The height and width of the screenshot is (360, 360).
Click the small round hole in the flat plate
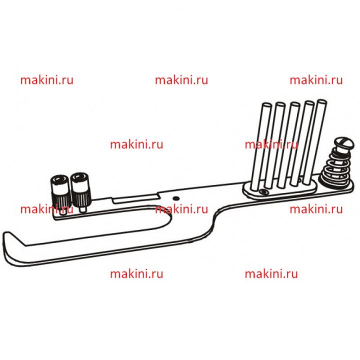point(176,198)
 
